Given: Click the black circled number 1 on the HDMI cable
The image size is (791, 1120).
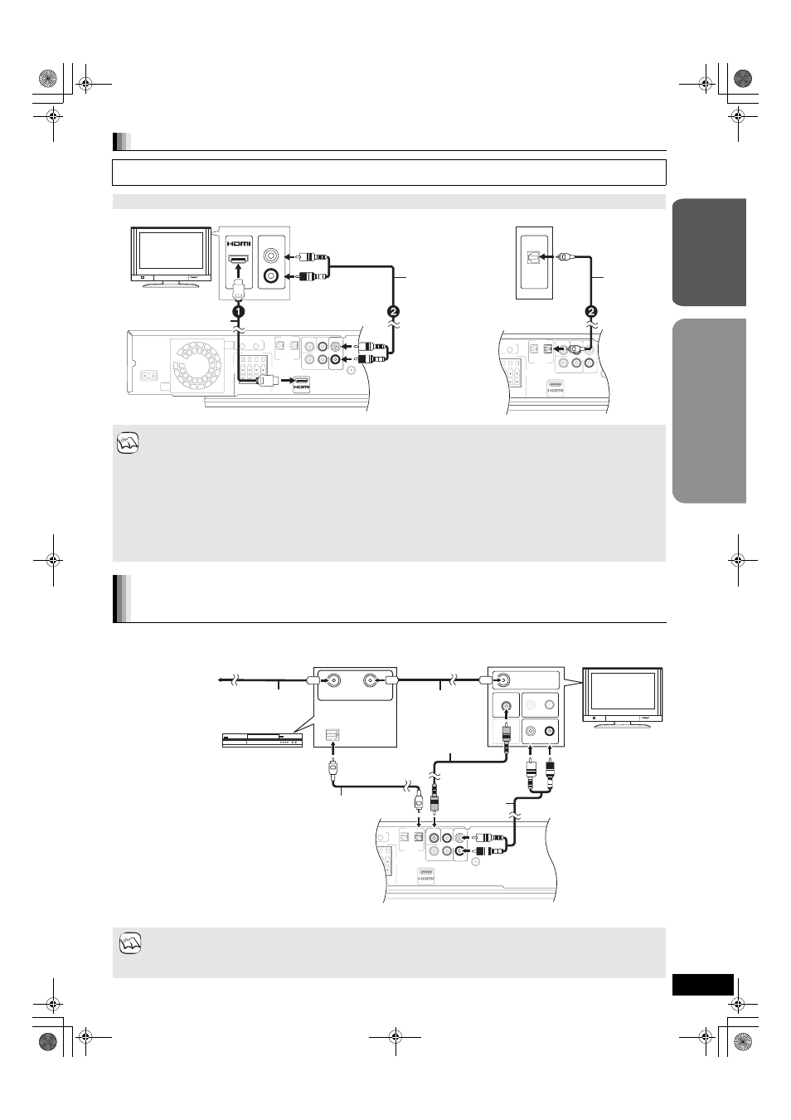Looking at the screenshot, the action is [239, 311].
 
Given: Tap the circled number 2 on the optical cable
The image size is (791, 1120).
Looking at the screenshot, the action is [591, 311].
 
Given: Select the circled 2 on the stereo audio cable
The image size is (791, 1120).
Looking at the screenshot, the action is [393, 311].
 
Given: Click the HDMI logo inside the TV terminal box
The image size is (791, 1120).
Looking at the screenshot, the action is [239, 244].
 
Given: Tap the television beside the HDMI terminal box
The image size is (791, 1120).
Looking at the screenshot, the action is [171, 257].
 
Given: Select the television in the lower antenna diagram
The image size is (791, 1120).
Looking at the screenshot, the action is [623, 697].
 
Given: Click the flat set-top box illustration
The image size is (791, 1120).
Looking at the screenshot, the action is [262, 741].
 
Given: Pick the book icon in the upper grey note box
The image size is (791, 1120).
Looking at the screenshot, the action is [128, 443].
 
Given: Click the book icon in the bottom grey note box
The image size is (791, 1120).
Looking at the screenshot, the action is [130, 943].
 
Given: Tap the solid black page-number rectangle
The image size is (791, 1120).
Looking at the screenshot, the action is [702, 985].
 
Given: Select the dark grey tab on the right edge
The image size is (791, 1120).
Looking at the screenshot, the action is [709, 252].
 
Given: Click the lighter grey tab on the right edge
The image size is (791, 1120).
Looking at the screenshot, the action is [709, 411].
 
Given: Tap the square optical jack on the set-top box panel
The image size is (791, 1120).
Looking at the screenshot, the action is [332, 735].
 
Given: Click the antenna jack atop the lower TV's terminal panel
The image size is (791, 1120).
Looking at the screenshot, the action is [501, 680].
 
